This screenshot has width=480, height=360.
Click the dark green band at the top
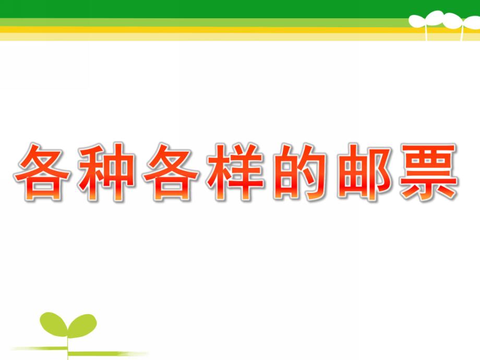(x=209, y=8)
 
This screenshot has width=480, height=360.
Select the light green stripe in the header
(x=209, y=22)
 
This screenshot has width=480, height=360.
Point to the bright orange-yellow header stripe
(x=209, y=30)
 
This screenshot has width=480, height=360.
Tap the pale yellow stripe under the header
(x=209, y=37)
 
